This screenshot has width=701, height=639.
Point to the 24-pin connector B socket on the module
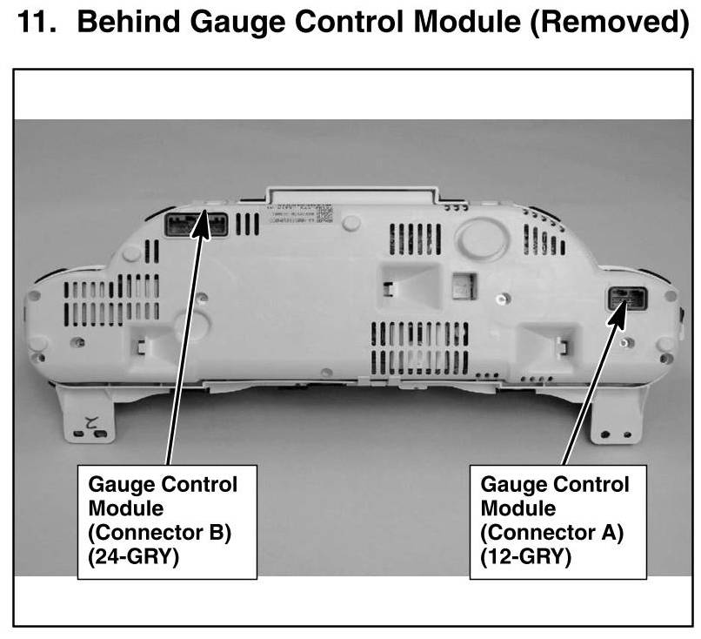click(196, 224)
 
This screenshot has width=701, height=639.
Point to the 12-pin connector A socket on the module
click(626, 301)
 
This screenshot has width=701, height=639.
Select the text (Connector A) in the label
click(552, 533)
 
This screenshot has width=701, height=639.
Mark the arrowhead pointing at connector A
click(621, 308)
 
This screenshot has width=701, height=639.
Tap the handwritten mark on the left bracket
click(87, 426)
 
